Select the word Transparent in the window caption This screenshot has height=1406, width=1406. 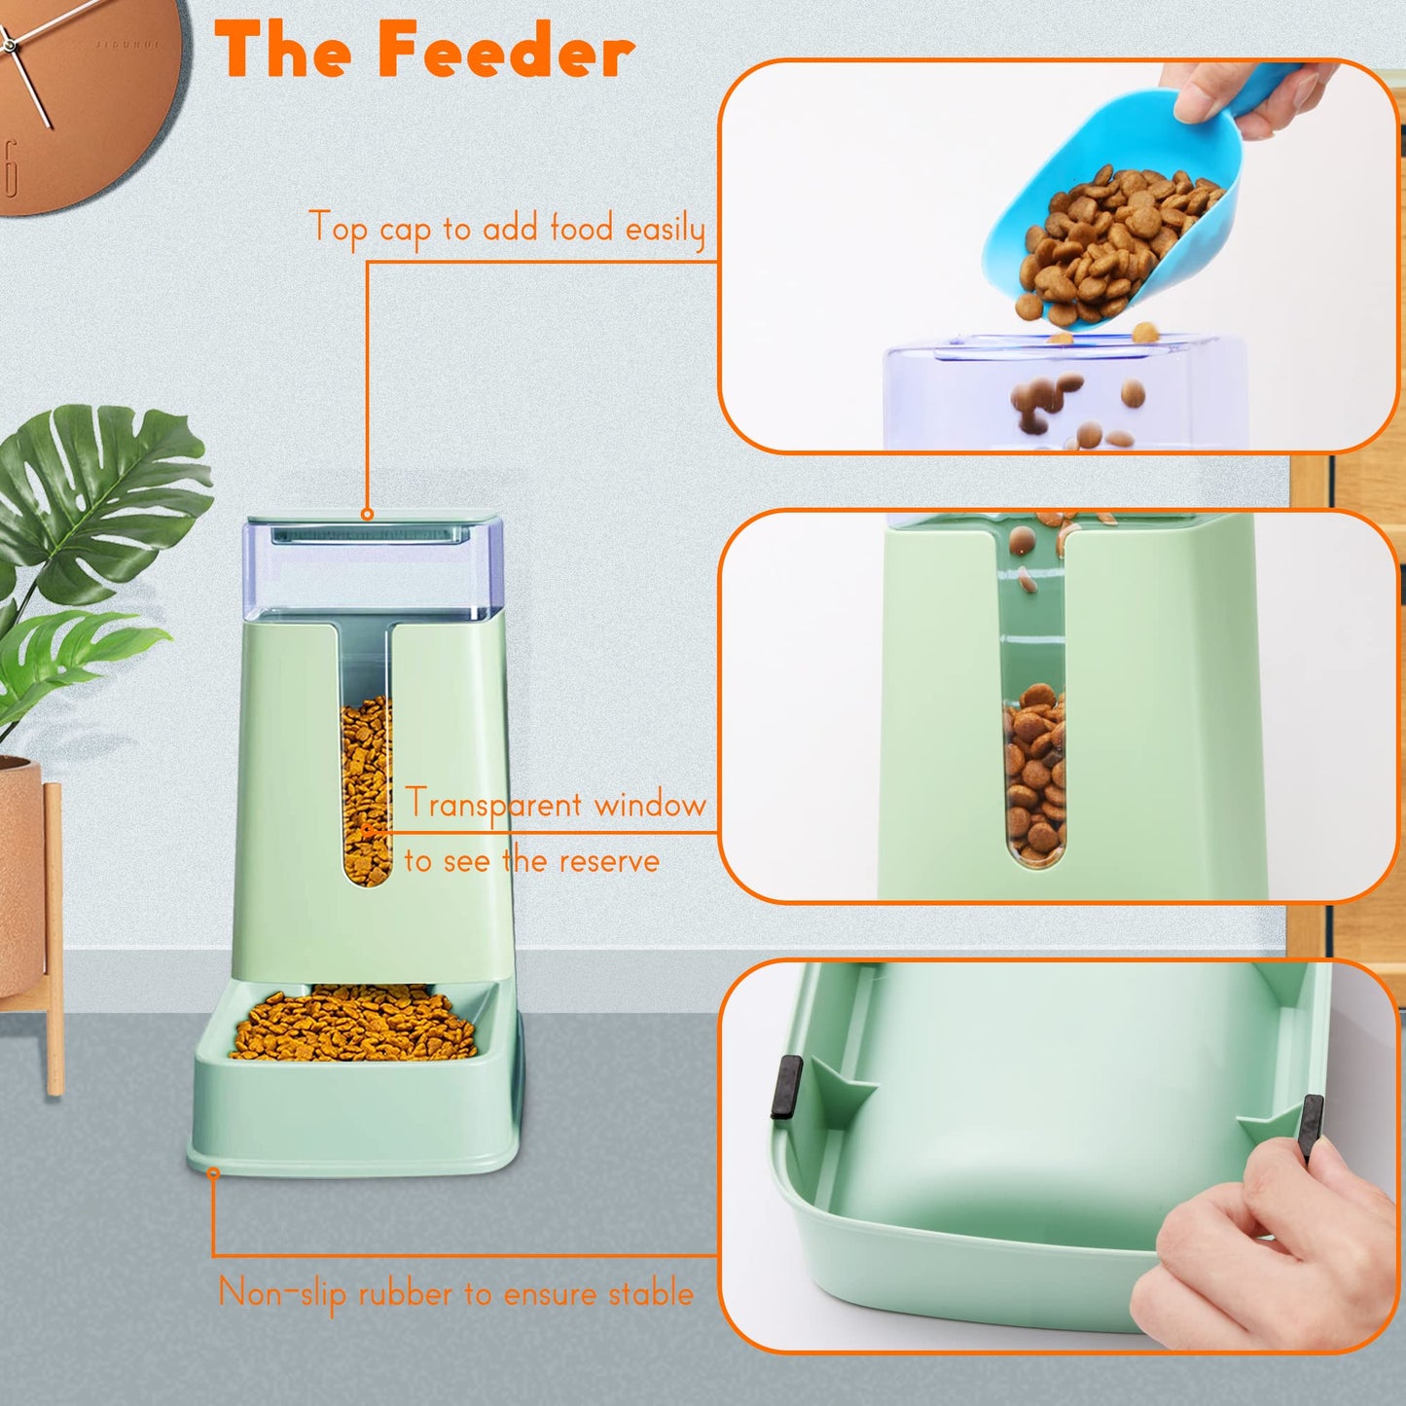pos(493,806)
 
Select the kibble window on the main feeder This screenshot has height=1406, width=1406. pos(366,788)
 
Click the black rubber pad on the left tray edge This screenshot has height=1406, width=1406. pos(786,1087)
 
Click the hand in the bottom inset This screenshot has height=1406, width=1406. pos(1265,1245)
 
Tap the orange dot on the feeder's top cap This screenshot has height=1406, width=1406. pos(367,514)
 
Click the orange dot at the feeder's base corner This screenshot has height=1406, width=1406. pos(213,1173)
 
